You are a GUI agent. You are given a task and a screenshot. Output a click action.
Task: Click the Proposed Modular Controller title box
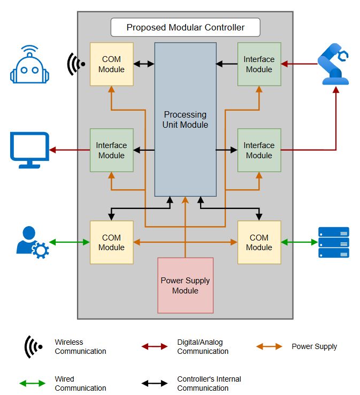(185, 27)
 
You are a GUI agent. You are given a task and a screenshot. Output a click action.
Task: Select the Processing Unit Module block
(186, 119)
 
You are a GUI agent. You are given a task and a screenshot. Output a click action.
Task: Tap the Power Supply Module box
(185, 285)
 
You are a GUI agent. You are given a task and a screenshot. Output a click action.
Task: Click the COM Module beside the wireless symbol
(111, 64)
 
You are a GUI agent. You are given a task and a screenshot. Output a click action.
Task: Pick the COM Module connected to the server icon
(259, 242)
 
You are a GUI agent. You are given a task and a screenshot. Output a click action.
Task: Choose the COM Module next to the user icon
(111, 242)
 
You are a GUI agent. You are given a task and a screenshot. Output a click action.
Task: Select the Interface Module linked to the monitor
(111, 150)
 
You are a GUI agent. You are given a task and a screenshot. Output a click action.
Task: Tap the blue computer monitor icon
(30, 149)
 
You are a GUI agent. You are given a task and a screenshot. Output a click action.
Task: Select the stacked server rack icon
(334, 242)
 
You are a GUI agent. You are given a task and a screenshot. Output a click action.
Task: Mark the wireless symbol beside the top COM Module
(76, 64)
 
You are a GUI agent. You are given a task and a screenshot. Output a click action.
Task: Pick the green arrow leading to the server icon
(299, 242)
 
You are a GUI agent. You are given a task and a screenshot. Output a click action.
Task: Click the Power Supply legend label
(314, 346)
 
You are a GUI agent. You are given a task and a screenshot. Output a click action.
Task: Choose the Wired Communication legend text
(80, 383)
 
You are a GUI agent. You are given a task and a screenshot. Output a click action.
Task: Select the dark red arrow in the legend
(155, 346)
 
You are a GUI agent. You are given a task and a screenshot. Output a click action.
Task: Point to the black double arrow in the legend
(155, 383)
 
